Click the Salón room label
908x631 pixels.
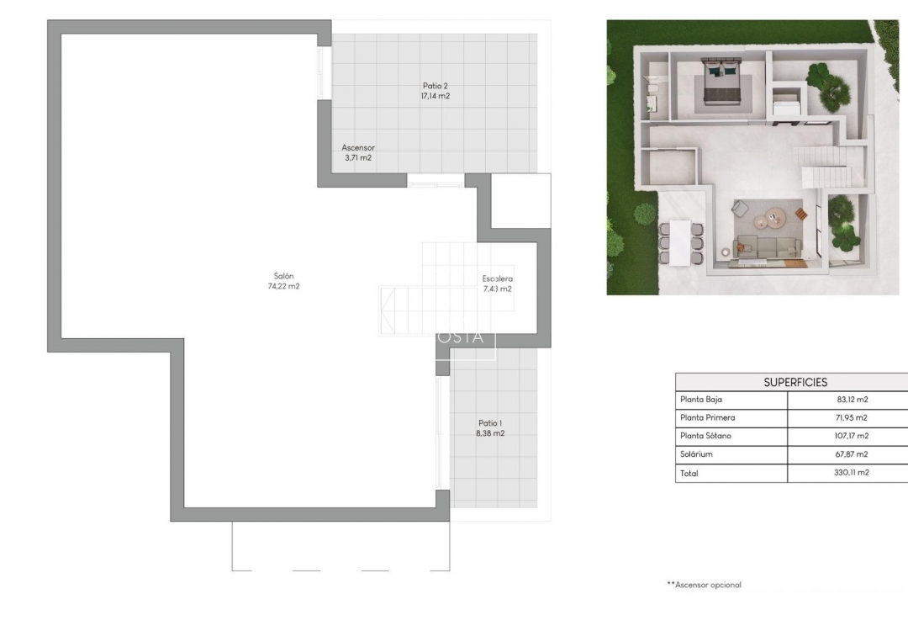[282, 276]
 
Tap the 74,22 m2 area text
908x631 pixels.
[282, 286]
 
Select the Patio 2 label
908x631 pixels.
[435, 86]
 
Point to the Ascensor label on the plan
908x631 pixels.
[357, 147]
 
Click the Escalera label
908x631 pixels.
[497, 278]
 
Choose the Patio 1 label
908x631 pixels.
[490, 423]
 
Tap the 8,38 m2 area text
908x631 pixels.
[490, 434]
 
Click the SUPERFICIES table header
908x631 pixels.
[794, 382]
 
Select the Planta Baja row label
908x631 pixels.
[701, 400]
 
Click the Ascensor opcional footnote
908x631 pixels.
[704, 585]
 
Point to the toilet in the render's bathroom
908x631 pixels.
[650, 85]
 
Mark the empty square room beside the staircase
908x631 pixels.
[520, 200]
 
